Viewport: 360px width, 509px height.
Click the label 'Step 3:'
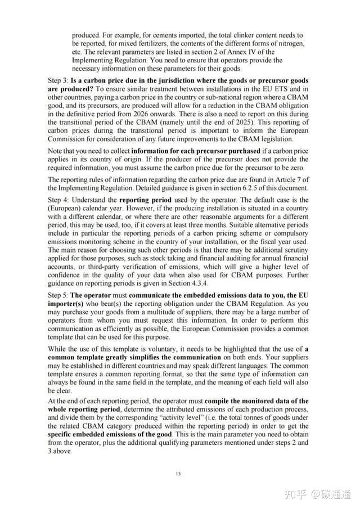(x=58, y=81)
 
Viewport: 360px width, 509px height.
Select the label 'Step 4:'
(x=58, y=200)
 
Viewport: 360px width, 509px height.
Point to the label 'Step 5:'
(x=58, y=295)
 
